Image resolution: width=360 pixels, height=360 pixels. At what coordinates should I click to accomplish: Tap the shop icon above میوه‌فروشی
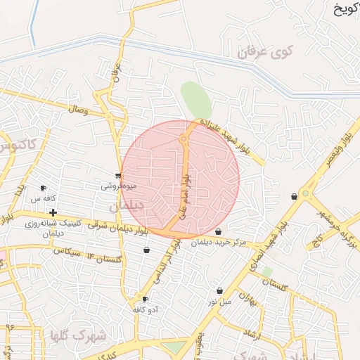click(x=118, y=176)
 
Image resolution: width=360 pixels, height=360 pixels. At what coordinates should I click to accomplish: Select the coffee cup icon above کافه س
click(x=44, y=188)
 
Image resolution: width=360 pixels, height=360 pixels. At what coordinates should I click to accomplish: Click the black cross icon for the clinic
click(x=53, y=212)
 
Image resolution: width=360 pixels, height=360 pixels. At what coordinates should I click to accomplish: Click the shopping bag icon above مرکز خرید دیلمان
click(x=218, y=232)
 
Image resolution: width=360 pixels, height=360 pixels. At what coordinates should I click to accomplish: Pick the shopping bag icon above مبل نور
click(x=219, y=290)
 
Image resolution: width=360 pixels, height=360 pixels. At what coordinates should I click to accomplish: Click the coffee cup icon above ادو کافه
click(x=146, y=299)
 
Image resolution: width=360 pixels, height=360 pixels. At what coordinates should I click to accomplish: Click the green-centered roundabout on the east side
click(x=304, y=193)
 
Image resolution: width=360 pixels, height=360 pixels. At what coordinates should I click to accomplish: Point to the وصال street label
click(x=76, y=110)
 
